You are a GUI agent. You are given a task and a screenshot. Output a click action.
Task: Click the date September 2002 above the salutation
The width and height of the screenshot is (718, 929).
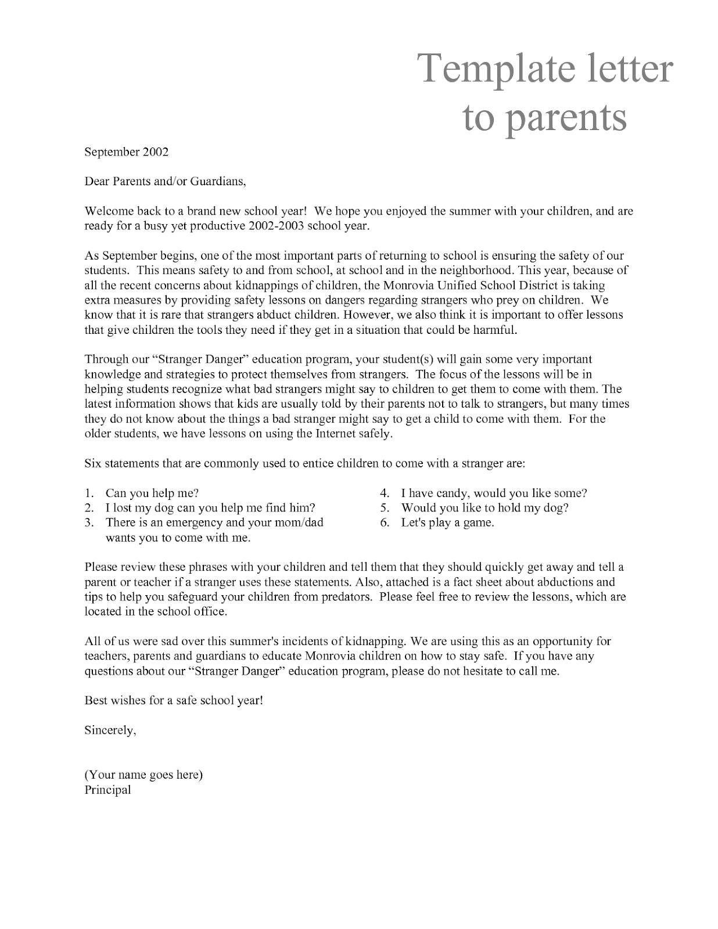126,152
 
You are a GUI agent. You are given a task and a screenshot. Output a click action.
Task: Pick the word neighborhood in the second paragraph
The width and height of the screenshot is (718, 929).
474,271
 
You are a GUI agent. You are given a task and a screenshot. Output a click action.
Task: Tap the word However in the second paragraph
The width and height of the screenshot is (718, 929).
365,315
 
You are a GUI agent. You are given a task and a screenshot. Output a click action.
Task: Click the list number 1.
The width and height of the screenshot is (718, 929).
88,494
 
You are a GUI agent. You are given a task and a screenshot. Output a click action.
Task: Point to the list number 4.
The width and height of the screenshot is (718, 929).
384,494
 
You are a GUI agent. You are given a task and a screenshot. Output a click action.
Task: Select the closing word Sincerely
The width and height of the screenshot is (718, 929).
110,730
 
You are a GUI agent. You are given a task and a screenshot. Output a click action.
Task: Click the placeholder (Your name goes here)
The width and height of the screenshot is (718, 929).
143,775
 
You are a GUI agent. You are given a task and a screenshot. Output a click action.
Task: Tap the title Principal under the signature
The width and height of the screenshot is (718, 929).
107,790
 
